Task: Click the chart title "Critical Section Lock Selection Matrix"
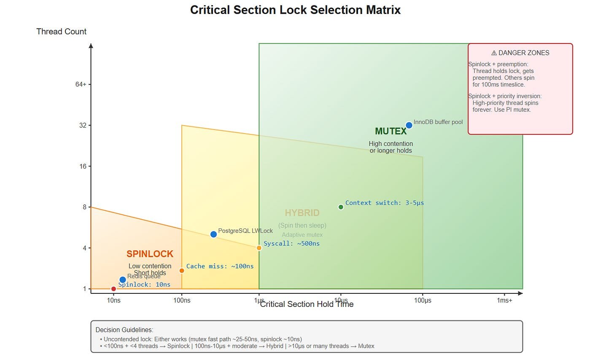tap(295, 10)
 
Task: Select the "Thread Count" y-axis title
tap(61, 32)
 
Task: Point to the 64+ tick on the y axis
tap(81, 84)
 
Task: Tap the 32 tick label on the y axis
tap(83, 125)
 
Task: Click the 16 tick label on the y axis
tap(83, 166)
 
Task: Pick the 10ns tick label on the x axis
tap(113, 300)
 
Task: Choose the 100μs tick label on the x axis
tap(423, 300)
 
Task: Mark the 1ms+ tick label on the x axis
tap(504, 300)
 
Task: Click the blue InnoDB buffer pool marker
tap(409, 125)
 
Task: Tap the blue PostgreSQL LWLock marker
tap(213, 234)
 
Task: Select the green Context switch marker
tap(341, 207)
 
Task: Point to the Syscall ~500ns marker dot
tap(259, 248)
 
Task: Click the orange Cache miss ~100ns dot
tap(182, 271)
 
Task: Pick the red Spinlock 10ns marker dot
tap(113, 289)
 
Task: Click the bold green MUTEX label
tap(390, 131)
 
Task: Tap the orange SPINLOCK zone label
tap(150, 254)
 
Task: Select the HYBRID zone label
tap(302, 213)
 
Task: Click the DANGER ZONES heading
tap(520, 53)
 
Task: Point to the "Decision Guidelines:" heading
tap(124, 330)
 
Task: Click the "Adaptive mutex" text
tap(302, 235)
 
